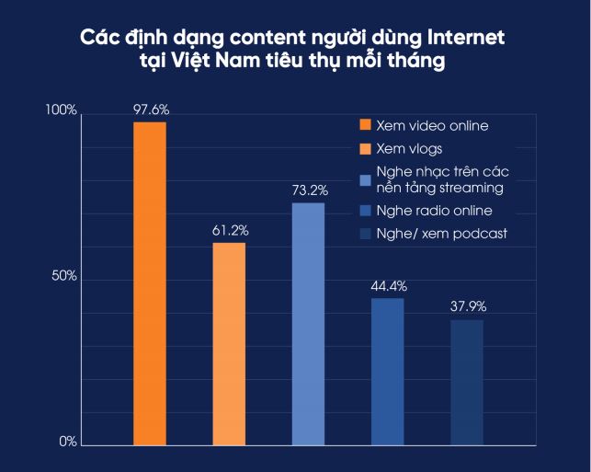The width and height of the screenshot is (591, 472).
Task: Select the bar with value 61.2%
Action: pos(229,344)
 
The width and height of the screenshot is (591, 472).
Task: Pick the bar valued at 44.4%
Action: pos(387,372)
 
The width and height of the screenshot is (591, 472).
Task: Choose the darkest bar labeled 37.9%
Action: pos(466,383)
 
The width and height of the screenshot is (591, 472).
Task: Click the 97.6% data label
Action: pos(150,110)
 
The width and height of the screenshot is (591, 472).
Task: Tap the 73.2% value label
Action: pos(308,190)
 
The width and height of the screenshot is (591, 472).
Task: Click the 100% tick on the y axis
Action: pos(62,111)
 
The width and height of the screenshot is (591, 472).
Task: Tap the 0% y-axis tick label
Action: pos(67,443)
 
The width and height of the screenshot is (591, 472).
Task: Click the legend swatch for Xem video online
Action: pos(364,125)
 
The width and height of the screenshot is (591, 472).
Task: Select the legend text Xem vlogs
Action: pos(410,148)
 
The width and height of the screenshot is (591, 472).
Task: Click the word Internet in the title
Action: pos(463,40)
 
